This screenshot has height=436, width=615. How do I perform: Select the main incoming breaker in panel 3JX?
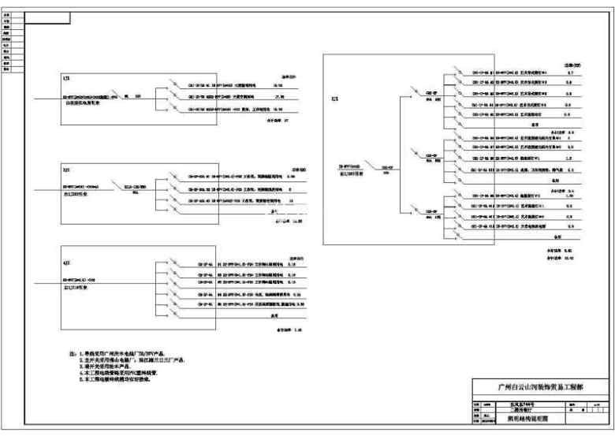pyautogui.click(x=129, y=188)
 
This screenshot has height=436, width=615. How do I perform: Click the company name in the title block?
pyautogui.click(x=542, y=386)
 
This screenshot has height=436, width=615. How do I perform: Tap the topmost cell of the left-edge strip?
pyautogui.click(x=6, y=14)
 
